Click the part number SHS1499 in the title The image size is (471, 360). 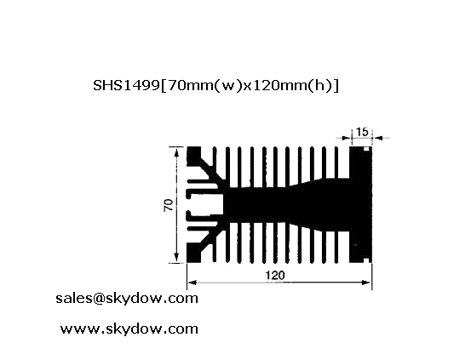126,86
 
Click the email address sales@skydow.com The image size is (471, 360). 127,299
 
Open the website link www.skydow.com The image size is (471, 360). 129,329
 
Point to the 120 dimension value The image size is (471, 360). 275,275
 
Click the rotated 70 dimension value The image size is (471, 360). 169,205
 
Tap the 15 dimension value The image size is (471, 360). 362,132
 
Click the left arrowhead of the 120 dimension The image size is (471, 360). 192,283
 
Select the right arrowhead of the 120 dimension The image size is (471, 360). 367,283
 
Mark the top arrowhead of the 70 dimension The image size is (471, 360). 176,152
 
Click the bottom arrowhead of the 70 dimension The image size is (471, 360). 176,258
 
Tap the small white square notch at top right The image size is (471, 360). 366,149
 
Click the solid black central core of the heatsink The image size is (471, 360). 289,205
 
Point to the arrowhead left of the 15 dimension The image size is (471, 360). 347,138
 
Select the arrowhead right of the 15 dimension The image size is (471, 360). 378,138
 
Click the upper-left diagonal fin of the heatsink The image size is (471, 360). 210,172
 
